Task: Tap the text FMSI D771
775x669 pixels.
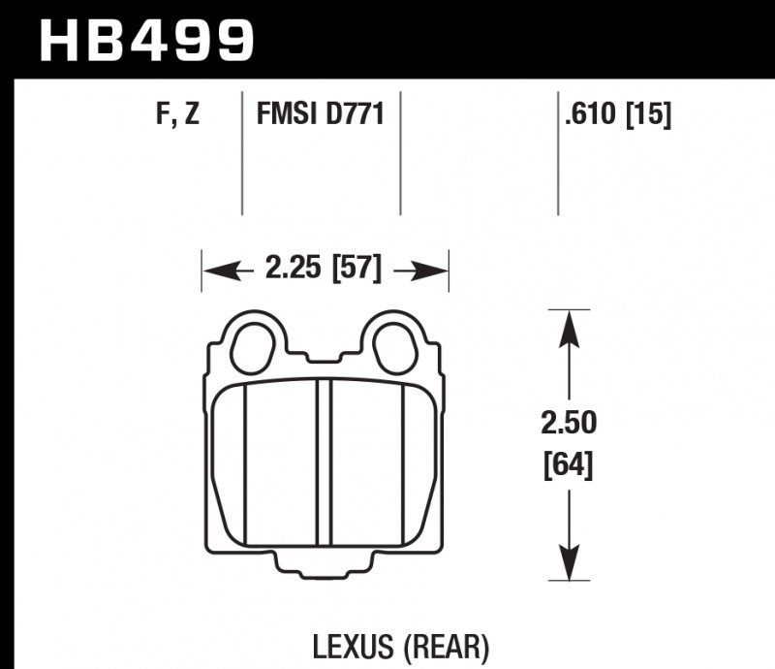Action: pyautogui.click(x=321, y=116)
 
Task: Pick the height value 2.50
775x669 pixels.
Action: pyautogui.click(x=570, y=424)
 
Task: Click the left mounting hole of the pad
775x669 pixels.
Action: pyautogui.click(x=253, y=345)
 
